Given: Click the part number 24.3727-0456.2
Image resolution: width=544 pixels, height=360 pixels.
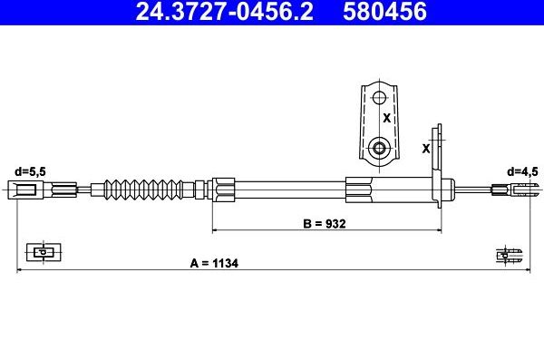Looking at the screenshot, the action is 225,11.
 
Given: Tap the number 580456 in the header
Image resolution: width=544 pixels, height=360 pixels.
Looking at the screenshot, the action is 384,11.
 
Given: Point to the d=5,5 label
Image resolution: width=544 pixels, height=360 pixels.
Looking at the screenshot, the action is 30,171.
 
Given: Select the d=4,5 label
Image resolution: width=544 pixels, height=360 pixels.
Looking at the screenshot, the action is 522,171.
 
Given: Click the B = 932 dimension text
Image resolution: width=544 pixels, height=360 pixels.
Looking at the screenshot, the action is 325,224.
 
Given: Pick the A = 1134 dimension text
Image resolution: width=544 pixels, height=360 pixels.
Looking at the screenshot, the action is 214,263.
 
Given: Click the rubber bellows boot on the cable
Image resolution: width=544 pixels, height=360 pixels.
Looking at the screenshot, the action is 143,190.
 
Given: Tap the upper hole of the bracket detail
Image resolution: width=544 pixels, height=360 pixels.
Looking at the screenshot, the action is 379,97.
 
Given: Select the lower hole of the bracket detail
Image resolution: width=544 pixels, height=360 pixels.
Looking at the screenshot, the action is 379,149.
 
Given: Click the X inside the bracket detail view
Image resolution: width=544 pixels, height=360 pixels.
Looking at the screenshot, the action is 387,118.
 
